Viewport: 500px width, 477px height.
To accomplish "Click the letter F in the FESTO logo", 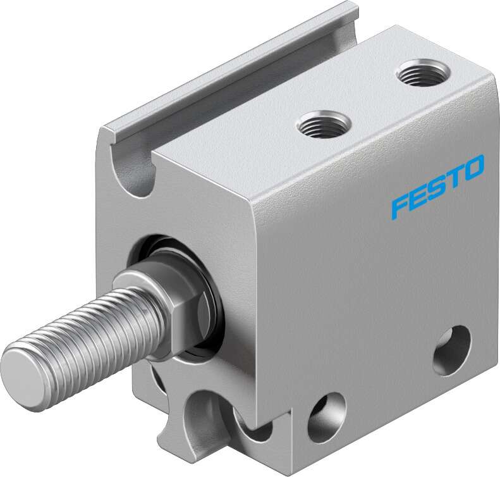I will coord(399,205).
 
